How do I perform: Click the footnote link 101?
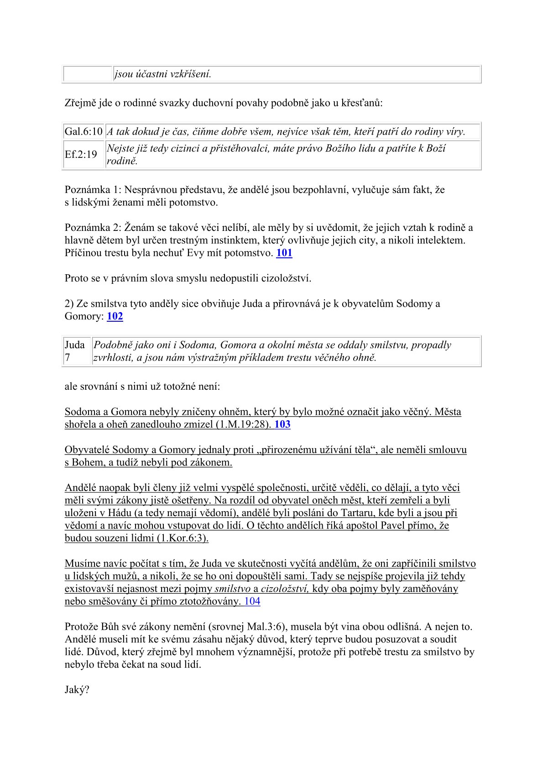point(284,253)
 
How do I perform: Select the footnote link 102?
point(115,316)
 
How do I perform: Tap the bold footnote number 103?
point(282,424)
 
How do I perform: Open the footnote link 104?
point(252,601)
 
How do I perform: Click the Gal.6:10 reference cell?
point(84,132)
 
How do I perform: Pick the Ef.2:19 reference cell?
point(81,155)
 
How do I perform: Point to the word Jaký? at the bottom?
point(77,690)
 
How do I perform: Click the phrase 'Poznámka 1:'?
point(92,189)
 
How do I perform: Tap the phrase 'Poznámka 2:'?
point(92,228)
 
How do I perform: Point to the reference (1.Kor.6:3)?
point(183,538)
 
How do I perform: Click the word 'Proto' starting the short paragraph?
point(76,278)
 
